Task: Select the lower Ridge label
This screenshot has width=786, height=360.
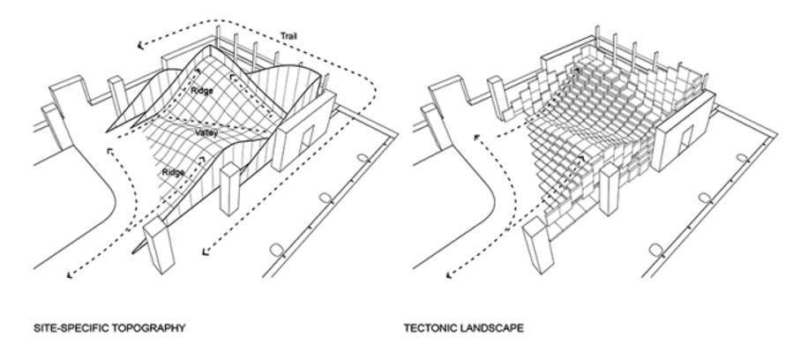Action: pos(174,173)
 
